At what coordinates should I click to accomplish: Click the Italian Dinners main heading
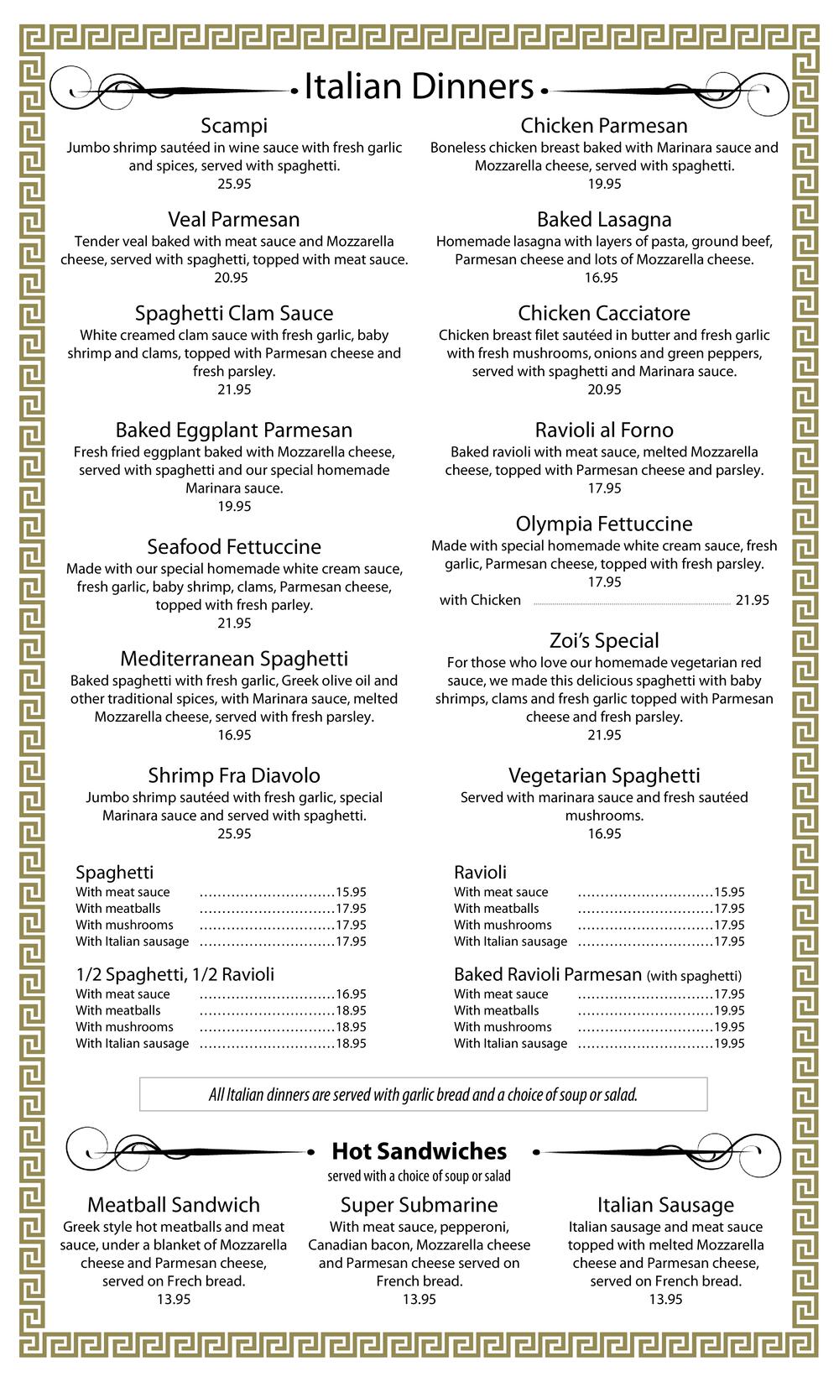(x=418, y=87)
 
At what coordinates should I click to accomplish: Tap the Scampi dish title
(x=234, y=126)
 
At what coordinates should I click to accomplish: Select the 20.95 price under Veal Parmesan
(x=234, y=278)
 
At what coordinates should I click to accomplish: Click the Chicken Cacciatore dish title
(x=604, y=314)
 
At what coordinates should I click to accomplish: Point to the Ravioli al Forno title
(x=604, y=430)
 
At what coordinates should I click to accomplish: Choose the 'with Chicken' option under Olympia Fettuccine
(x=480, y=600)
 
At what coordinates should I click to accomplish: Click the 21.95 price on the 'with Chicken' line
(x=752, y=600)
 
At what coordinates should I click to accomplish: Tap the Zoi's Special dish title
(x=604, y=641)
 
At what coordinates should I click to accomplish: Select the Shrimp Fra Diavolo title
(x=234, y=776)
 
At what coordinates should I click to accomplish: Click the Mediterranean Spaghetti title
(x=234, y=659)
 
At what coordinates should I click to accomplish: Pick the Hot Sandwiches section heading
(x=419, y=1151)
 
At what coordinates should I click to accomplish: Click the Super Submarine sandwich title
(x=419, y=1205)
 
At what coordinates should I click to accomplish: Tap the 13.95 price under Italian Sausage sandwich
(x=665, y=1300)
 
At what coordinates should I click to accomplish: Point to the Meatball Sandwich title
(x=174, y=1205)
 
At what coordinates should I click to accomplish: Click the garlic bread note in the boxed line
(x=423, y=1095)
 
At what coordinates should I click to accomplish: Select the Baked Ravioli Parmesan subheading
(x=547, y=975)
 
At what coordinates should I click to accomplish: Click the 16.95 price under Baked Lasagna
(x=601, y=278)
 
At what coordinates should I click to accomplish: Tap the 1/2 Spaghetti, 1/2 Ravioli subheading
(x=175, y=975)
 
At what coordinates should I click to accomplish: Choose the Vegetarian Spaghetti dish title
(x=604, y=776)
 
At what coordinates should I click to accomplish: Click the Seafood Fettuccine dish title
(x=234, y=547)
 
